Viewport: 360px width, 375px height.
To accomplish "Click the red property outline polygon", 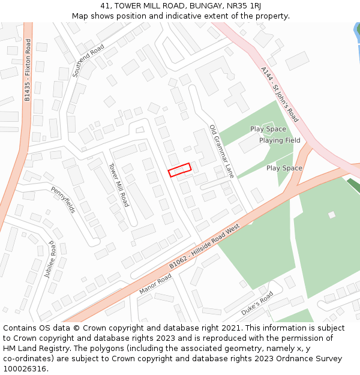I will pyautogui.click(x=179, y=170).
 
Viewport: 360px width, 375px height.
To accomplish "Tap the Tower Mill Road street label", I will pyautogui.click(x=118, y=185).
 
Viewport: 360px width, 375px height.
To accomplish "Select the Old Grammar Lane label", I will pyautogui.click(x=221, y=151).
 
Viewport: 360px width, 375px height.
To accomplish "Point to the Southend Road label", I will pyautogui.click(x=88, y=61).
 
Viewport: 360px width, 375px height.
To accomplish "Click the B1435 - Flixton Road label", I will pyautogui.click(x=28, y=70).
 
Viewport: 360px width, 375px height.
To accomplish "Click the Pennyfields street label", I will pyautogui.click(x=64, y=200).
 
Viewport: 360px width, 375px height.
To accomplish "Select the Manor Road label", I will pyautogui.click(x=155, y=284).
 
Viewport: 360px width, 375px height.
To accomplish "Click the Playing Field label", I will pyautogui.click(x=280, y=140).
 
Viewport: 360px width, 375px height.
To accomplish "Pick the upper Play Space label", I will pyautogui.click(x=268, y=129).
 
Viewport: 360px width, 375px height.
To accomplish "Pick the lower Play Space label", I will pyautogui.click(x=284, y=168).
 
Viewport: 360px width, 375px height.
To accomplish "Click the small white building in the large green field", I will pyautogui.click(x=331, y=214).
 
